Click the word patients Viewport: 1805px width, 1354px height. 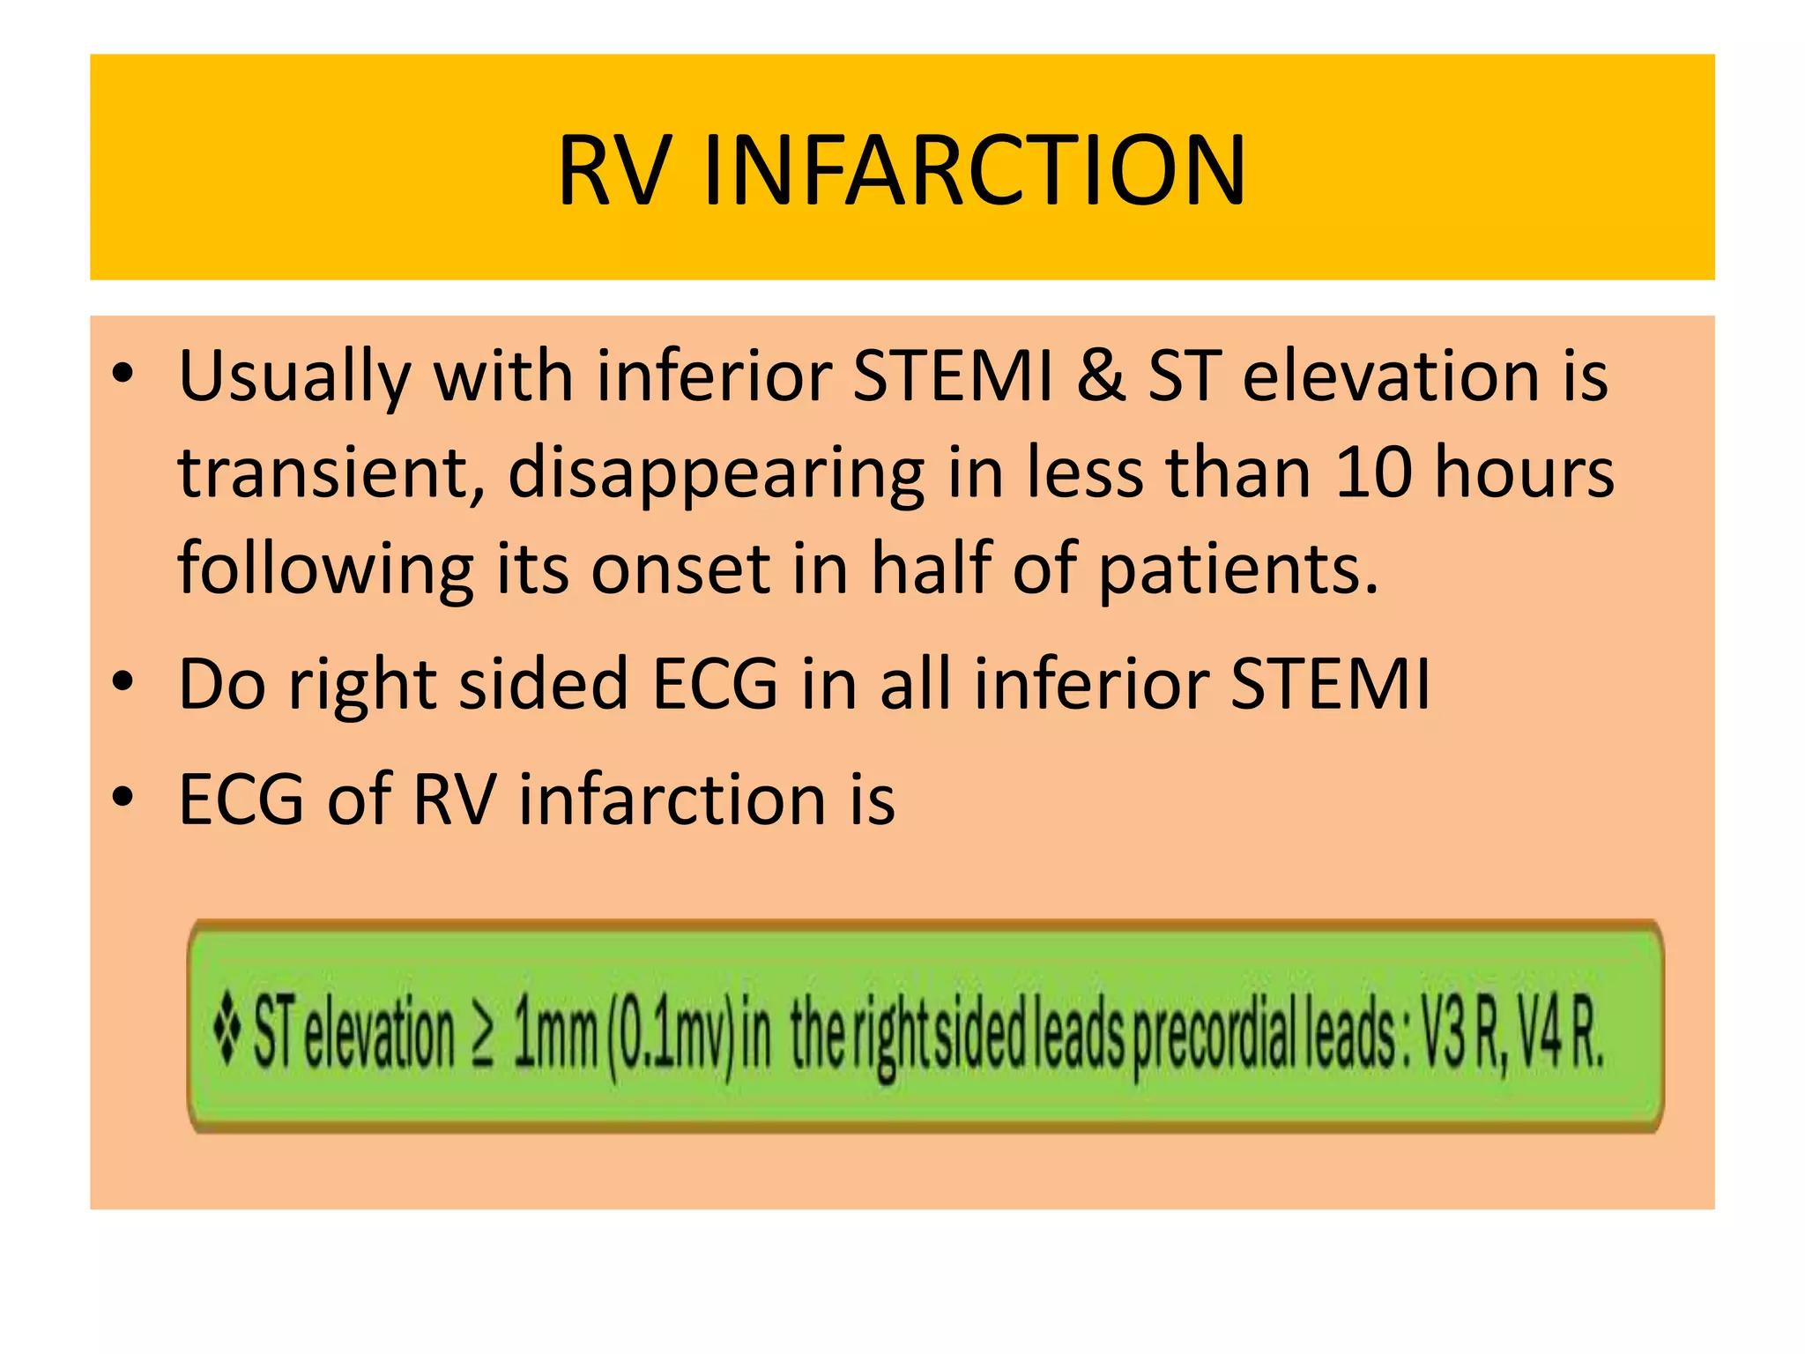tap(1238, 570)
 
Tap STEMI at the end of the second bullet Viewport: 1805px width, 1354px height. tap(1330, 684)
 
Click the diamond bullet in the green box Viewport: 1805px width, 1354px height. tap(227, 1030)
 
